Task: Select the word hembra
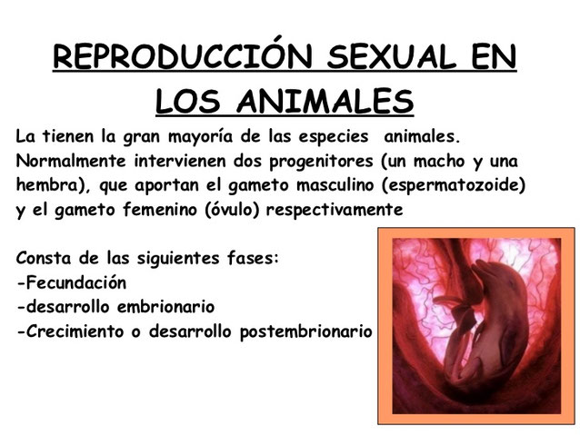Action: tap(45, 184)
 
